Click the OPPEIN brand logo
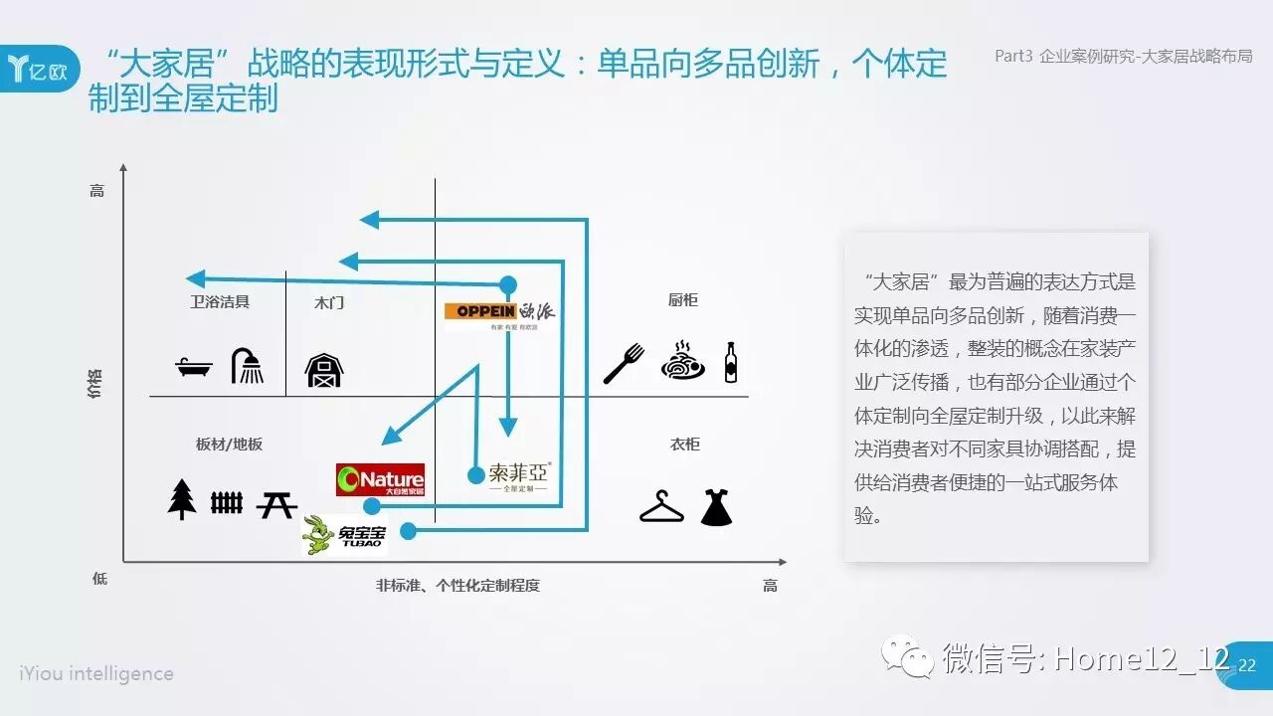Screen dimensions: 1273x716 tap(499, 312)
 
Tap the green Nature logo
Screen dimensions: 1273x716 tap(380, 480)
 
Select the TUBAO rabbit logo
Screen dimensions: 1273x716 tap(345, 534)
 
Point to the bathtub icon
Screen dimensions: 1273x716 tap(194, 368)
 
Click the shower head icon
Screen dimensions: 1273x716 tap(248, 366)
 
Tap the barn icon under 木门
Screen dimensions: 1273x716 tap(324, 370)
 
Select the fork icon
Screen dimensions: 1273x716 tap(624, 364)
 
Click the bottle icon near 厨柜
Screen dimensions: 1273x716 tap(731, 363)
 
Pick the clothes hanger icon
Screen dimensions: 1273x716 tap(661, 507)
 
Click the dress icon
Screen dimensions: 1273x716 tap(716, 506)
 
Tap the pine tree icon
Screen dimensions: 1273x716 tap(182, 499)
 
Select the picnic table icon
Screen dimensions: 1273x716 tap(275, 504)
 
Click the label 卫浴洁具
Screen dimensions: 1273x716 tap(220, 301)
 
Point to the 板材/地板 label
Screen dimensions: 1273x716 tap(229, 445)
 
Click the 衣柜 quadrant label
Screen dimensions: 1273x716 tap(684, 444)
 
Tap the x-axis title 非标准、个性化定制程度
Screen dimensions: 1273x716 tap(457, 586)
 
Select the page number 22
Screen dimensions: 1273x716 tap(1247, 665)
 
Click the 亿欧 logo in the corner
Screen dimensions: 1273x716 tap(38, 69)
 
